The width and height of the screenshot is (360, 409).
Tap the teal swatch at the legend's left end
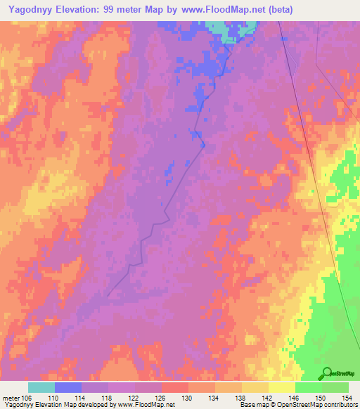41,387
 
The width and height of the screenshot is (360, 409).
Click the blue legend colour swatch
68,387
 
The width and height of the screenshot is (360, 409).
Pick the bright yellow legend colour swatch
282,387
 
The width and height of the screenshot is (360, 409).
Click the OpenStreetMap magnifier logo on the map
327,373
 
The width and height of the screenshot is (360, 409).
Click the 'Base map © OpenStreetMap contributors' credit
297,405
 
